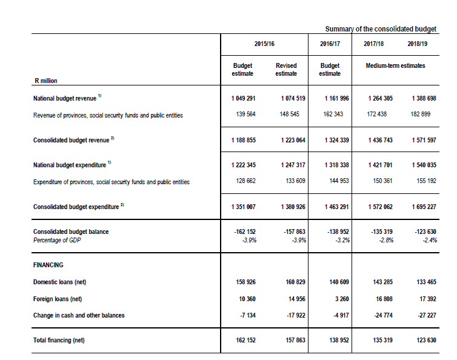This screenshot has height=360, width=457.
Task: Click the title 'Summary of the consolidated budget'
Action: [381, 29]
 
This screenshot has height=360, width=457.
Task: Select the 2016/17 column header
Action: [330, 44]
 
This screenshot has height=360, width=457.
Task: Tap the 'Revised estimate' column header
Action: [286, 69]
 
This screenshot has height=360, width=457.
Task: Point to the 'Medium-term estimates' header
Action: [395, 65]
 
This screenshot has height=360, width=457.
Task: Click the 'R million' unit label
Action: [45, 80]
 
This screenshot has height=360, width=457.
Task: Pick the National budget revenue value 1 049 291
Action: [243, 98]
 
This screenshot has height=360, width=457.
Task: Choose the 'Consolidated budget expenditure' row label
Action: [76, 207]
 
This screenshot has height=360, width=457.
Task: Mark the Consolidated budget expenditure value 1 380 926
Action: [293, 207]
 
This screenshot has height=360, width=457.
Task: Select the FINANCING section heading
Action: [48, 265]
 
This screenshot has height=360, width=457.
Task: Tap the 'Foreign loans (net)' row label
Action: [58, 299]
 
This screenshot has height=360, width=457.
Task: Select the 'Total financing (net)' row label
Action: [59, 340]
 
